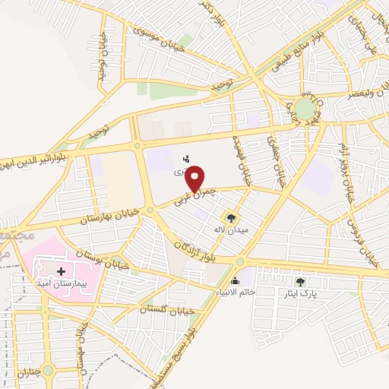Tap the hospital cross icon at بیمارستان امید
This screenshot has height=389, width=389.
click(61, 270)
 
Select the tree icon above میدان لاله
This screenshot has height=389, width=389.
click(236, 220)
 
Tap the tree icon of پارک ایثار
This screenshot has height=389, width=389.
click(310, 281)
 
